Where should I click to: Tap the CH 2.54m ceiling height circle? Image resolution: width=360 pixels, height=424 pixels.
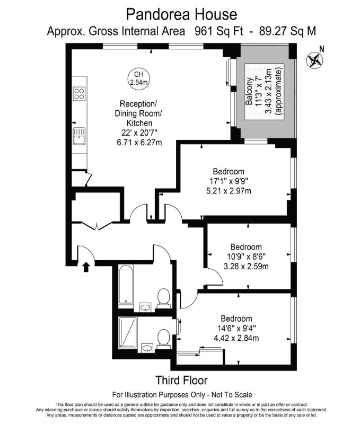pos(138,78)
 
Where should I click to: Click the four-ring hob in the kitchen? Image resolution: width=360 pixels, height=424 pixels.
pos(80,94)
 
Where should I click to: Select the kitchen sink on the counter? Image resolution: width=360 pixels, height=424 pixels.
pos(80,138)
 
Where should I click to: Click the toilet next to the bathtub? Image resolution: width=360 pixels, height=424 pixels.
pos(164,298)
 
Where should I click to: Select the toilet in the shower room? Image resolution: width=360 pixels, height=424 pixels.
pos(164,338)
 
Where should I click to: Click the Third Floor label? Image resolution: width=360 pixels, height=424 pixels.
pos(181,380)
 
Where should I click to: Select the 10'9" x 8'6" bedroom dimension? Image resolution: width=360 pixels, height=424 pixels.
pos(245,257)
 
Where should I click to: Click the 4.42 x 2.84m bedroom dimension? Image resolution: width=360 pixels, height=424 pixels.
pos(236,338)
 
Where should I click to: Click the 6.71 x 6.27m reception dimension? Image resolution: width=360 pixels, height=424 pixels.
pos(138,142)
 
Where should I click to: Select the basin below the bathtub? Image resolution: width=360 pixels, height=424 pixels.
pos(144,307)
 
